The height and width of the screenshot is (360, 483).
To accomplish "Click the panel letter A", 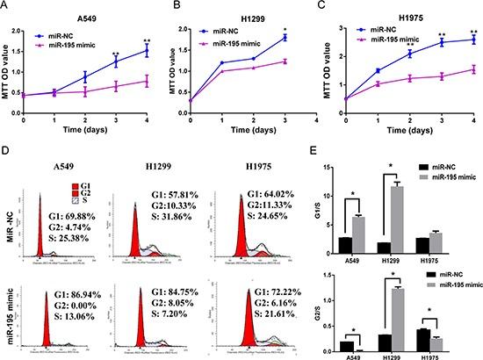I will [7, 7].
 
